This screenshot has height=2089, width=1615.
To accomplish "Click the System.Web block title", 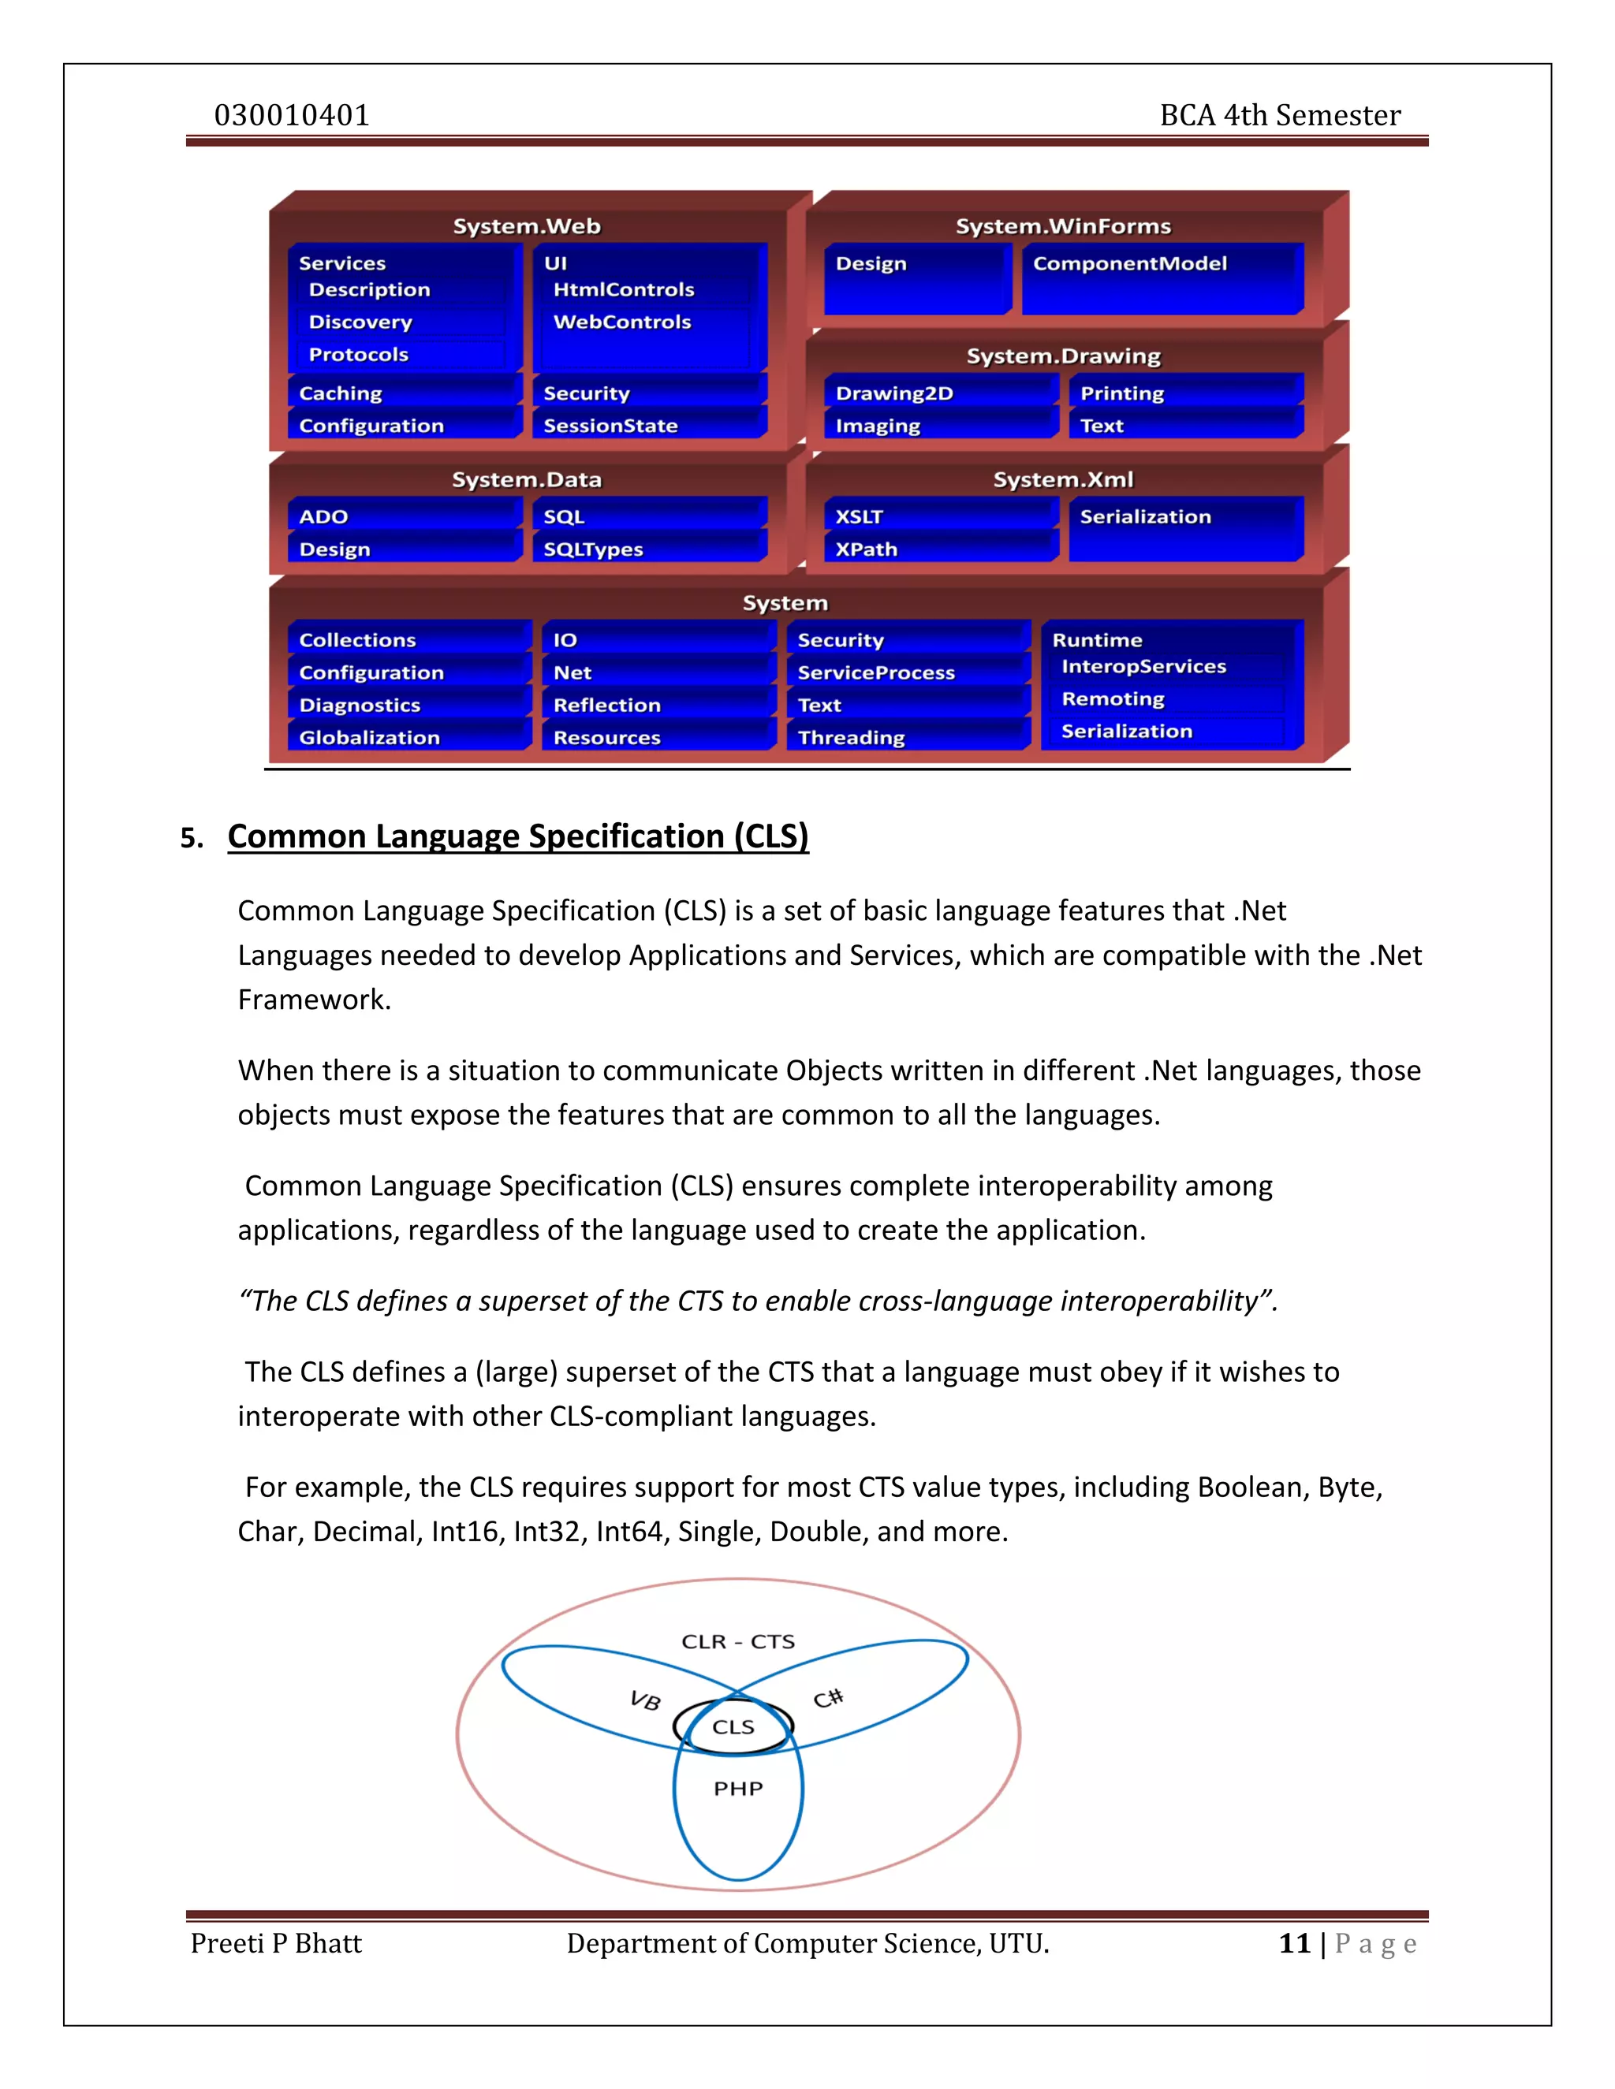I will [x=526, y=227].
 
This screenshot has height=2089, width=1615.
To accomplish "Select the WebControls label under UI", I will [x=622, y=322].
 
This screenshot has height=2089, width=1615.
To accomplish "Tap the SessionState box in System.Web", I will [x=610, y=426].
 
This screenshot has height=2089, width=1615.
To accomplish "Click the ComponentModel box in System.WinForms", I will [x=1130, y=264].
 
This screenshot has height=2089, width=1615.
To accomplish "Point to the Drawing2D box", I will [x=894, y=393].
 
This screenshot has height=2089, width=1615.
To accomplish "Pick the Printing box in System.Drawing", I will [x=1121, y=393].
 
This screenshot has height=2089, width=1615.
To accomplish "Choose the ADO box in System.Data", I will [x=323, y=516].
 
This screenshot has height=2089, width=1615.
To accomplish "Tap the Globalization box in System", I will [x=369, y=738].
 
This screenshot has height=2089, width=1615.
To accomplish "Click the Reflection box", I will [x=606, y=705].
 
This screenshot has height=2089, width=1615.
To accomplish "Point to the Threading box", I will [x=851, y=738].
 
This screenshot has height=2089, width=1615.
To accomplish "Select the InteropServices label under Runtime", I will [x=1143, y=667].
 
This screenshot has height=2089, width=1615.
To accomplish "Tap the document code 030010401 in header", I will [x=292, y=116].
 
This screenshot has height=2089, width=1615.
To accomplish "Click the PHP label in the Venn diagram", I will [x=737, y=1789].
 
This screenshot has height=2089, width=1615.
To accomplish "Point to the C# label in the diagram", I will [x=827, y=1699].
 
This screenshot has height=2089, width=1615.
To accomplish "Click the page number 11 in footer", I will [x=1293, y=1944].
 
